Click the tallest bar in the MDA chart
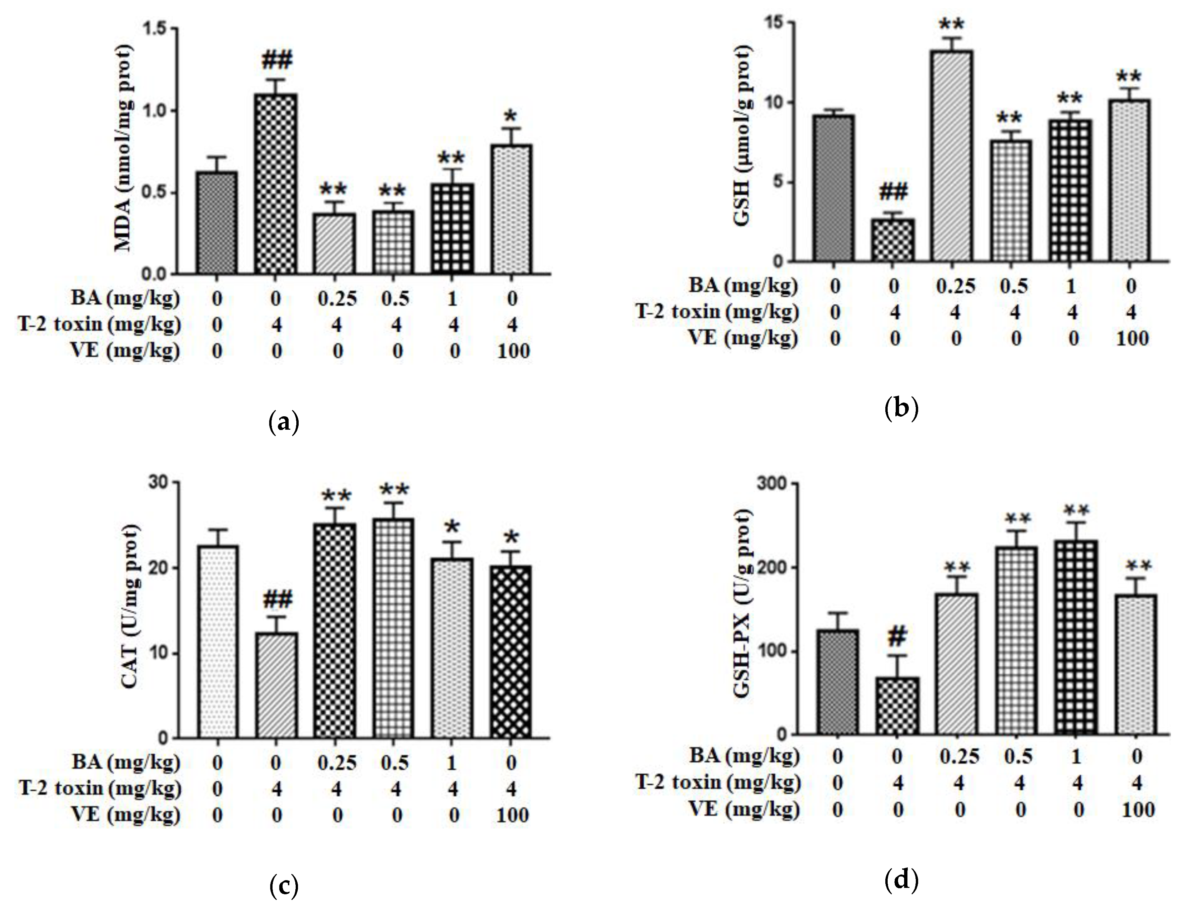[x=276, y=184]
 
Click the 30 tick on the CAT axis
[x=158, y=482]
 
